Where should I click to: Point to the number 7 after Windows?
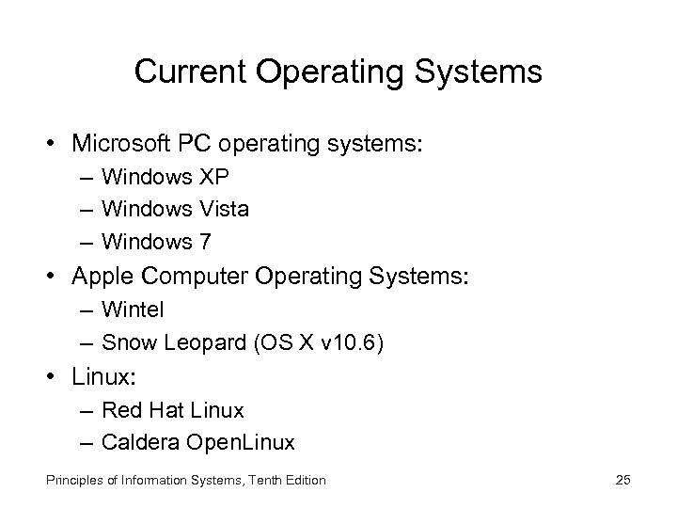tap(205, 241)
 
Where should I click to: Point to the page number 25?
tap(622, 481)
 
